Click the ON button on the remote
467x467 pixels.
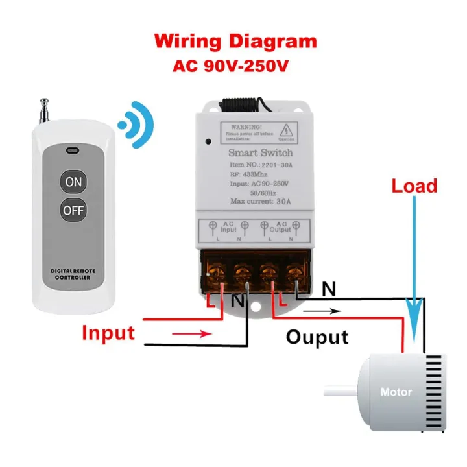[x=73, y=182]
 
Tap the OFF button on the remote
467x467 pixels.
[x=73, y=210]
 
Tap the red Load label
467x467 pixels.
[x=414, y=186]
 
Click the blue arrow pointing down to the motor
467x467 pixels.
[x=413, y=259]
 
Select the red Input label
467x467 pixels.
[x=108, y=333]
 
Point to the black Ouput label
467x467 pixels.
[x=317, y=337]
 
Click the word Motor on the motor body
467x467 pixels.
[x=396, y=392]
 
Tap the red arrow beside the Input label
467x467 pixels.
[x=193, y=335]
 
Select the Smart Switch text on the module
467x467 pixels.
[x=261, y=153]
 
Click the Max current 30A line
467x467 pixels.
[x=261, y=201]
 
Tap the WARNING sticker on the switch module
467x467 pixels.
[x=258, y=131]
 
